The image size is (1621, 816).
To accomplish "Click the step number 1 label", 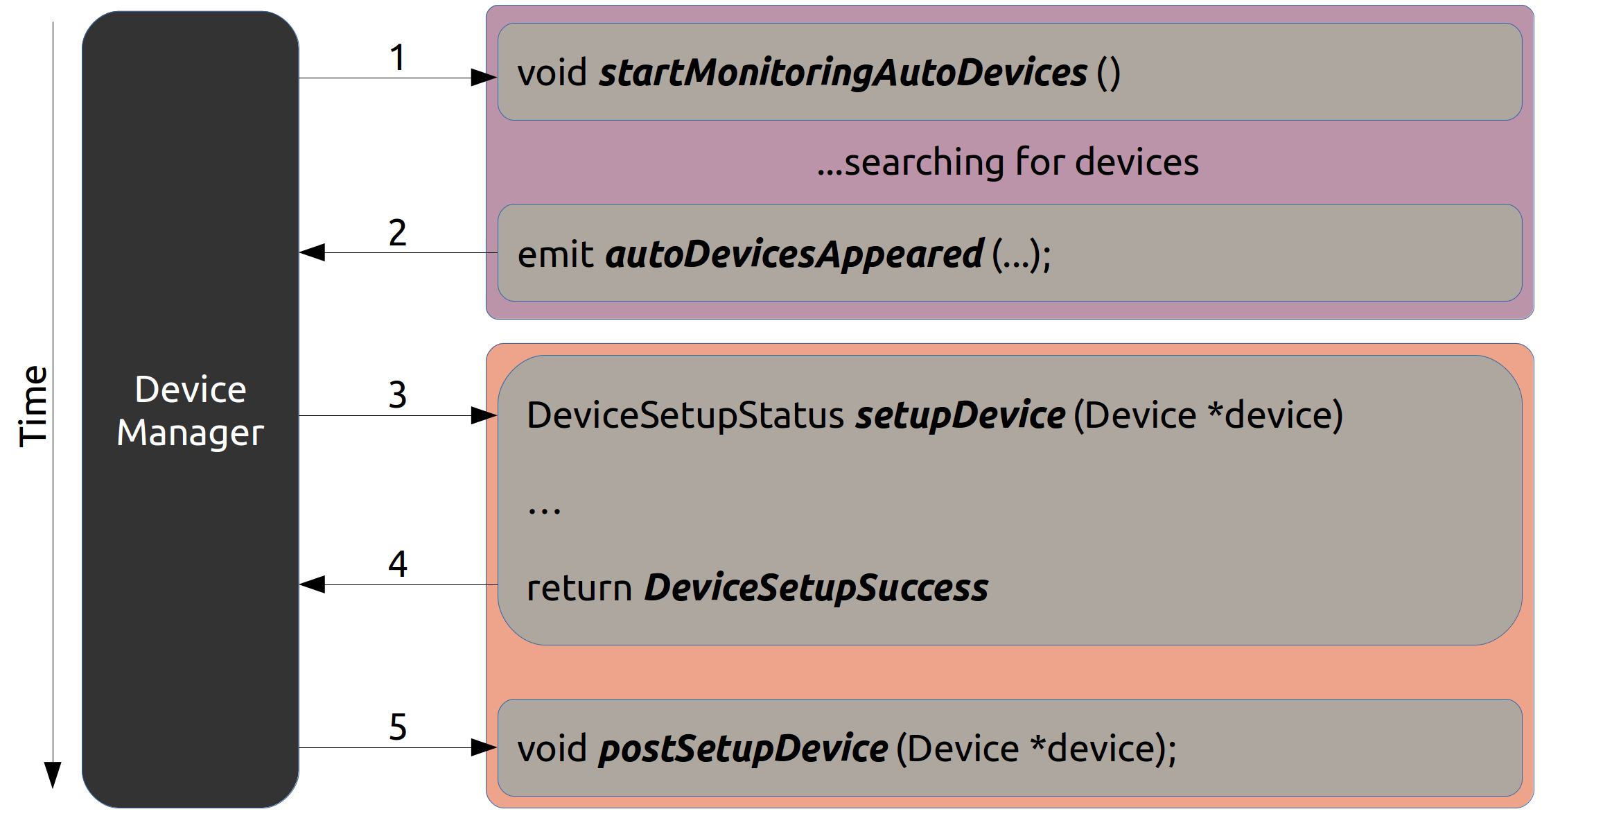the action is coord(397,58).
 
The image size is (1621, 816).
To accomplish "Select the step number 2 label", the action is coord(397,233).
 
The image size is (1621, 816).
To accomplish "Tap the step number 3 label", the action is coord(397,395).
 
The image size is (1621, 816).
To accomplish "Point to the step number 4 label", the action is coord(397,564).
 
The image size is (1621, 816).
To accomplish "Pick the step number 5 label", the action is coord(398,727).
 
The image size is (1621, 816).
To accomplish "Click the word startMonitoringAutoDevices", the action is coord(843,73).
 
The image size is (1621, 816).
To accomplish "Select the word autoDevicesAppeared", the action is coord(794,255).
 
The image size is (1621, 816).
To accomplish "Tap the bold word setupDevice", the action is coord(961,416).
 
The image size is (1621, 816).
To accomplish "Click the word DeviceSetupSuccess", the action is coord(816,589).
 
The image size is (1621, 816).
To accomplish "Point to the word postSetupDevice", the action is coord(744,749).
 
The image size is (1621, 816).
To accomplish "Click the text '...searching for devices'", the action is coord(1008,163).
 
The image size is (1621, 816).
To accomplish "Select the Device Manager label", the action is coord(191,411).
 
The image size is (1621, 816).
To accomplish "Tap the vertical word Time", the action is coord(33,406).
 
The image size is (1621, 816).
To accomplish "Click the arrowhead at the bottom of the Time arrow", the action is coord(53,775).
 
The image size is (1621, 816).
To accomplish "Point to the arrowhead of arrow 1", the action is coord(484,78).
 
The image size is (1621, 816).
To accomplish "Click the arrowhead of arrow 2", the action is coord(312,252).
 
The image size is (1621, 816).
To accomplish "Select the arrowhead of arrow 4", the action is coord(312,584).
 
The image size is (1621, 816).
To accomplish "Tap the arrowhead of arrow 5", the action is coord(484,747).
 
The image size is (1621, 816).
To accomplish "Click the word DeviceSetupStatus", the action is coord(685,416).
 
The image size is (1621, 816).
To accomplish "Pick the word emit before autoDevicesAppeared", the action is coord(556,255).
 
